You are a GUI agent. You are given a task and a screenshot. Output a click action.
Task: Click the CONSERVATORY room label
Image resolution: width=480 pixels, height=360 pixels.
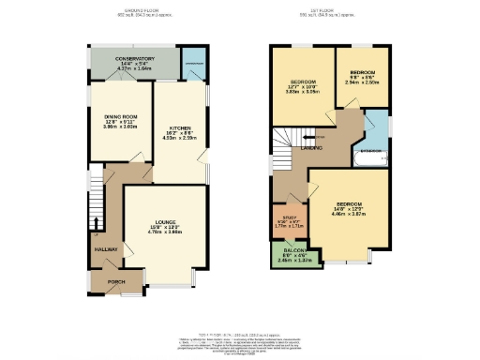[x=134, y=59]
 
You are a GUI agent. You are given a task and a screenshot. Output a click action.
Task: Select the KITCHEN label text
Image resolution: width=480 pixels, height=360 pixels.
[x=181, y=127]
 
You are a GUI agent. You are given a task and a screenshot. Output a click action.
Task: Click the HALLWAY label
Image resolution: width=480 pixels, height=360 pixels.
[x=105, y=249]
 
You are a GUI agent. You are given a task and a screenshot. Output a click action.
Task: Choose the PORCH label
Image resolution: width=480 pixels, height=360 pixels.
[x=116, y=281]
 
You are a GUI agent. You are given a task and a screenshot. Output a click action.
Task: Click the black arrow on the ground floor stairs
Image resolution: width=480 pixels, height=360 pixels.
[x=96, y=223]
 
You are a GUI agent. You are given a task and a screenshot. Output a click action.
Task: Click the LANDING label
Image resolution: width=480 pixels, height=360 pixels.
[x=312, y=148]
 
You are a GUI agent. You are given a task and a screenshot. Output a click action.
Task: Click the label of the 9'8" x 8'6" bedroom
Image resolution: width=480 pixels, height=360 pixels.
[x=363, y=73]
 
